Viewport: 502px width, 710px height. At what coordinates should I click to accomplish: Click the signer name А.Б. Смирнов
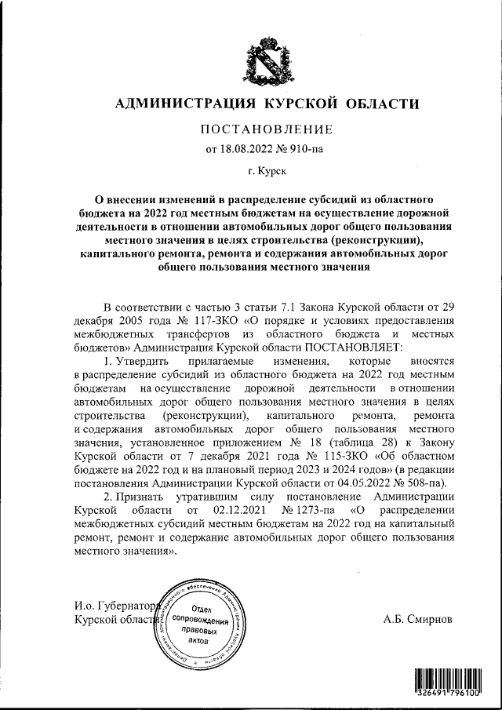418,619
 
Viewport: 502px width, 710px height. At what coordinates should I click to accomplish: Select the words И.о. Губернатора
115,606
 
